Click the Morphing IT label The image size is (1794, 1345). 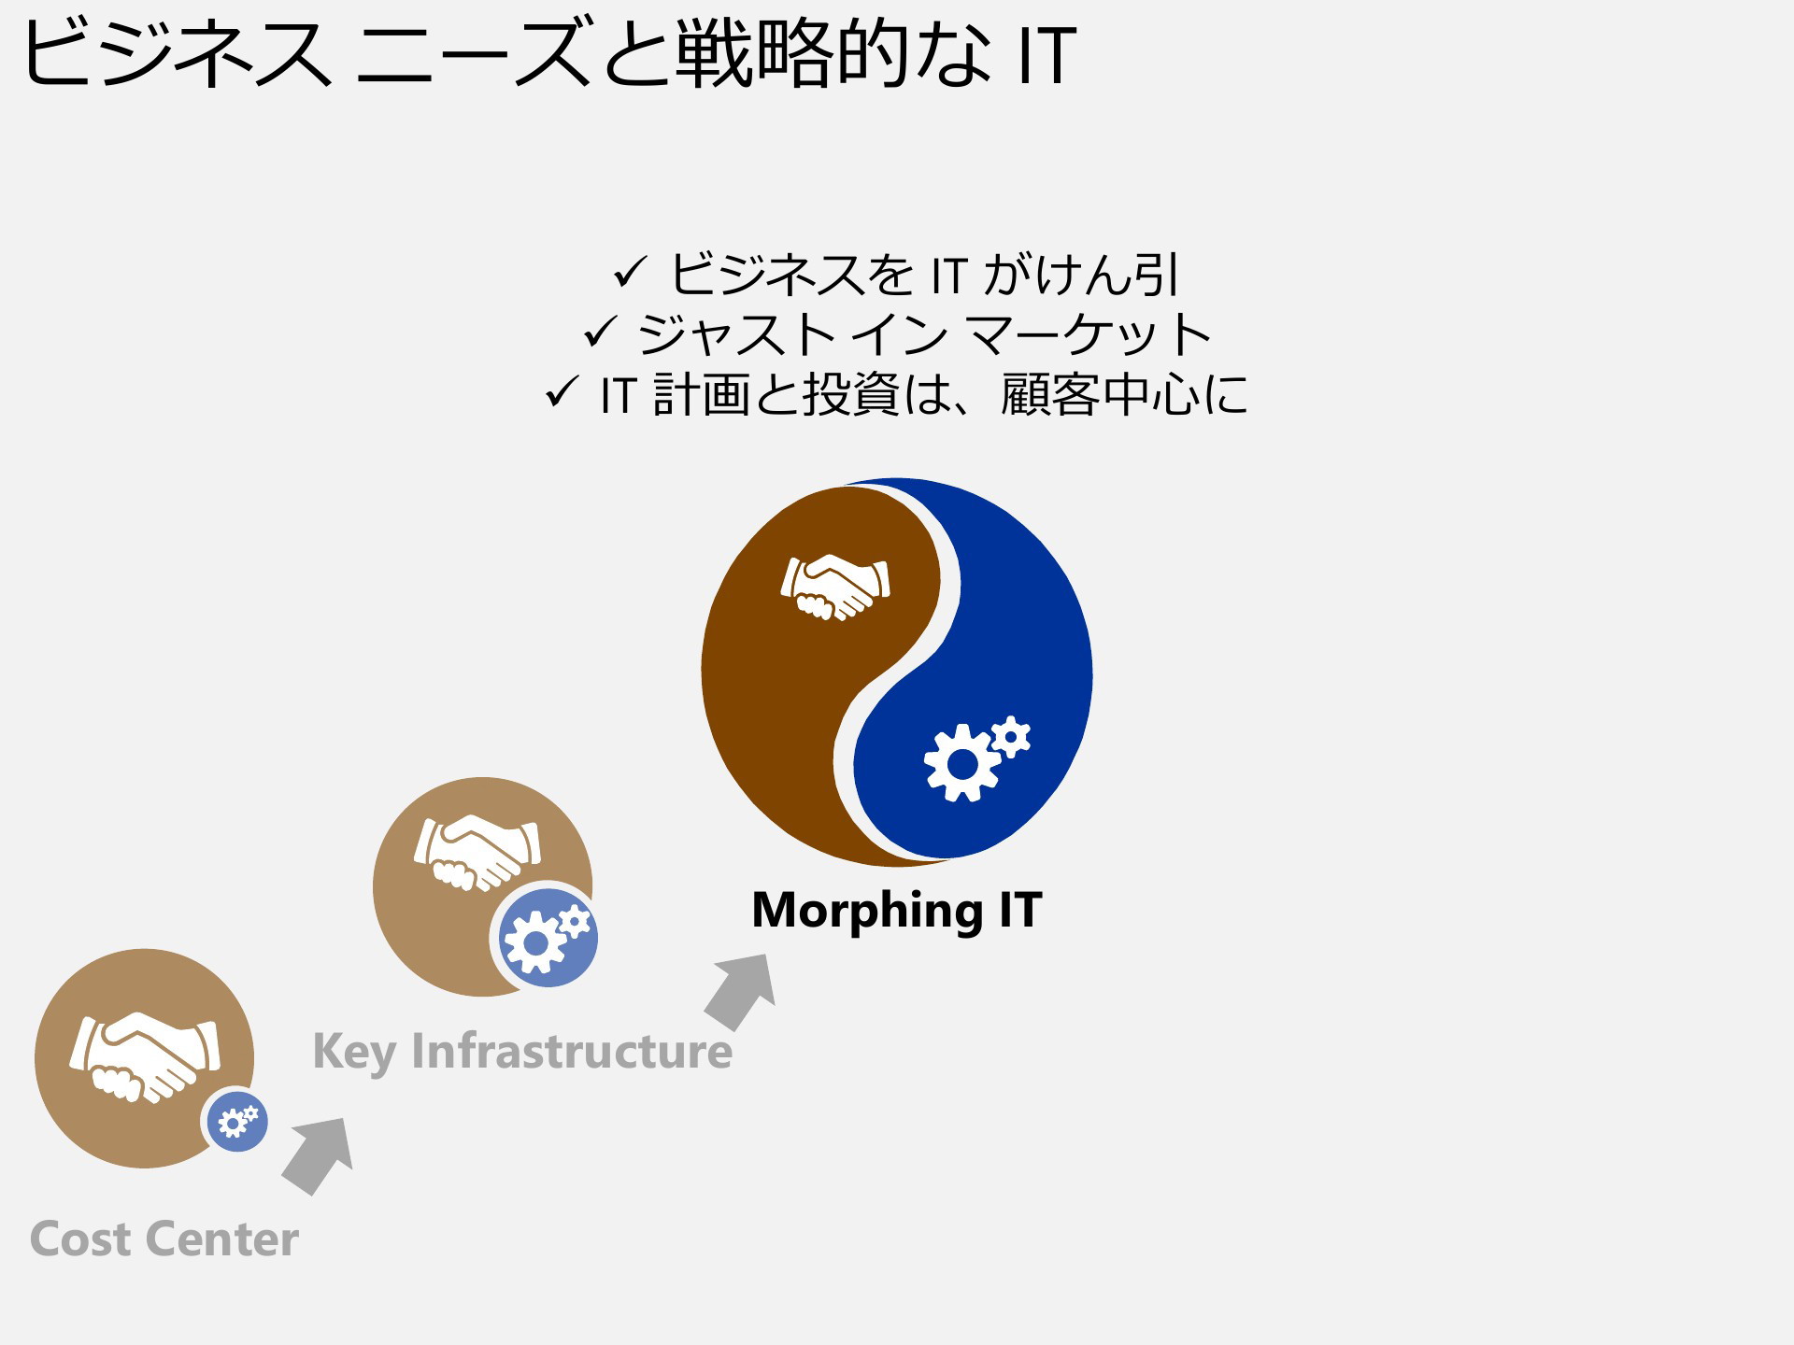896,911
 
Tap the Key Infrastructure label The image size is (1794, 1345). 522,1053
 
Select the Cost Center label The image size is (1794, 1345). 164,1239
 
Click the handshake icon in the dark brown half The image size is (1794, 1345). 835,587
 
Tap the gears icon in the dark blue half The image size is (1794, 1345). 976,758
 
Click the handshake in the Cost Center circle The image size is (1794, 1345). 145,1056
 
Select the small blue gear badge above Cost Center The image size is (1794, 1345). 237,1121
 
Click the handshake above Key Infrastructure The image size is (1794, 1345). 477,852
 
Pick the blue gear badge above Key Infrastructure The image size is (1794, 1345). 548,937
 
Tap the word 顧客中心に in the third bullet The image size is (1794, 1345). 1124,394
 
